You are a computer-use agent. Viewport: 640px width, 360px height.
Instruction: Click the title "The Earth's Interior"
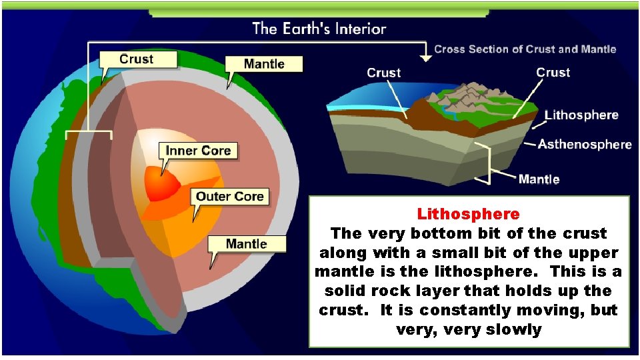[x=319, y=29]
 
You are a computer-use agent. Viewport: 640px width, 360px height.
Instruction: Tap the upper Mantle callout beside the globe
[x=263, y=64]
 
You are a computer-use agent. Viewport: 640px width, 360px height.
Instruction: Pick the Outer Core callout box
[x=230, y=196]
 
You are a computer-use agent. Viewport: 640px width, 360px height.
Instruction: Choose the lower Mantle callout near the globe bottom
[x=247, y=243]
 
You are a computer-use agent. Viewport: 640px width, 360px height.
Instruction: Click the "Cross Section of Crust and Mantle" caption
[x=525, y=49]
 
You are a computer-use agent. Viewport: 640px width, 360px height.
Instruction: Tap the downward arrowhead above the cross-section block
[x=425, y=58]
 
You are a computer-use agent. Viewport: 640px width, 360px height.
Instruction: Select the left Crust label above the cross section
[x=384, y=73]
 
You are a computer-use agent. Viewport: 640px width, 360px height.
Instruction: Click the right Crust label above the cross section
[x=553, y=73]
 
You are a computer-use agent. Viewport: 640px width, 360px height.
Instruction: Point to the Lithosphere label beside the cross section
[x=581, y=115]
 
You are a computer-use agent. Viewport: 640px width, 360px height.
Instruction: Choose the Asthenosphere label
[x=585, y=144]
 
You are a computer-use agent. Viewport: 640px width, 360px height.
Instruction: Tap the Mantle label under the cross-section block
[x=539, y=178]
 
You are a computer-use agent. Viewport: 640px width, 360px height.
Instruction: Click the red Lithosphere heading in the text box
[x=468, y=215]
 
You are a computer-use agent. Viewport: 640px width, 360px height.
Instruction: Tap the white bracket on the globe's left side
[x=88, y=133]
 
